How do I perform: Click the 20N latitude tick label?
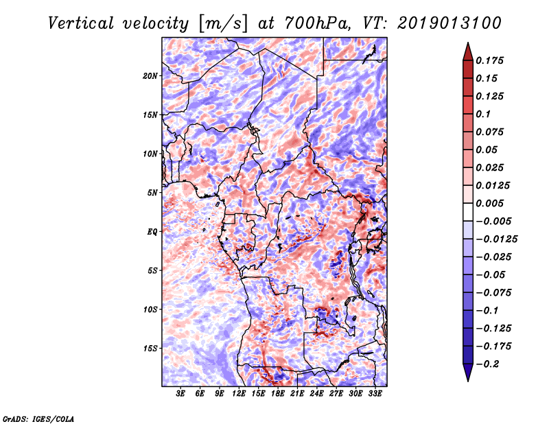tap(150, 75)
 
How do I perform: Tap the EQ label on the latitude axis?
tap(152, 231)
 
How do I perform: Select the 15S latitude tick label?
tap(150, 349)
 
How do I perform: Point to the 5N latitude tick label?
tap(152, 193)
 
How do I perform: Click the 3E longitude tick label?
tap(180, 393)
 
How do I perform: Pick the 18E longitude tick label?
tap(278, 393)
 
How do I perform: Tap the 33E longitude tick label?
tap(375, 393)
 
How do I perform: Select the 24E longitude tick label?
tap(316, 393)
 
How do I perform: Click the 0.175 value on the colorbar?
tap(489, 60)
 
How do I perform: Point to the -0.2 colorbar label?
tap(487, 364)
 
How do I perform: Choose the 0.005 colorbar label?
tap(489, 203)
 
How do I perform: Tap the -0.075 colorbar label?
tap(493, 293)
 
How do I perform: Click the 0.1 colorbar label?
tap(483, 114)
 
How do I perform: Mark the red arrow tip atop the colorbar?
tap(468, 43)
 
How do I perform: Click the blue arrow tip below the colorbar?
tap(468, 381)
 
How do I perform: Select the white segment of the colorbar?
tap(468, 212)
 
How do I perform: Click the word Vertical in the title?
tap(81, 23)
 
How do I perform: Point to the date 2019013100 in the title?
tap(449, 23)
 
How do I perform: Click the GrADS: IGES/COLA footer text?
tap(38, 419)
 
